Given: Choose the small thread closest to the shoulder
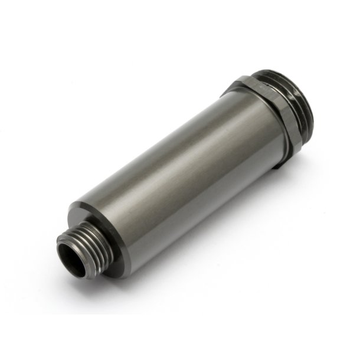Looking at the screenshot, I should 94,236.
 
